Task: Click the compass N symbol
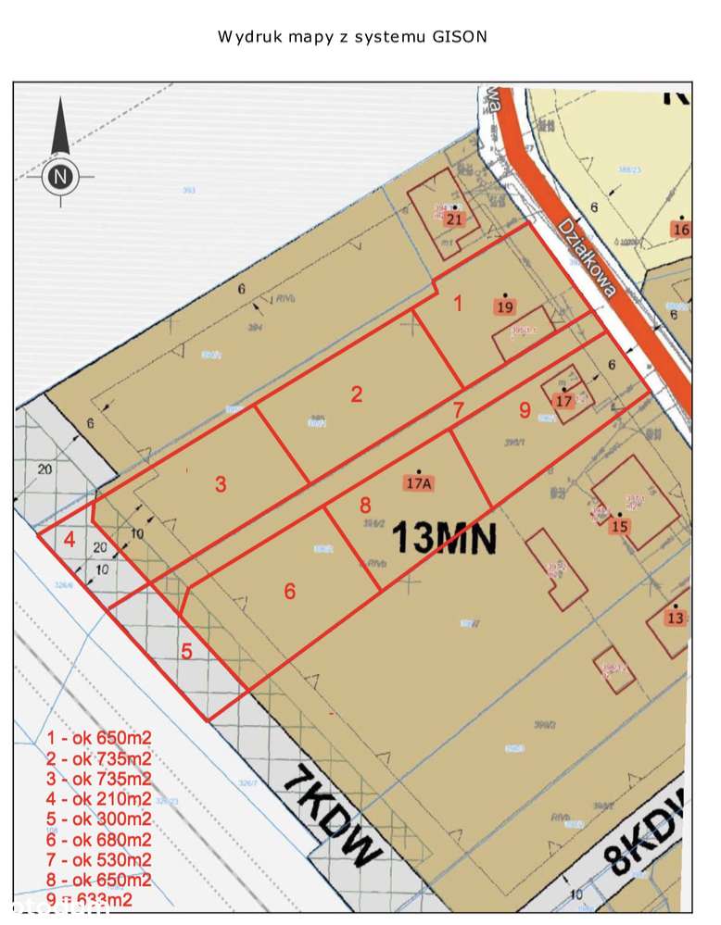pyautogui.click(x=60, y=176)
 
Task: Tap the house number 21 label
pyautogui.click(x=454, y=219)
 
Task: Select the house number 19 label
pyautogui.click(x=505, y=307)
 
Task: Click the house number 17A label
pyautogui.click(x=419, y=483)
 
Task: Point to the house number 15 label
pyautogui.click(x=620, y=527)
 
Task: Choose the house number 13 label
pyautogui.click(x=675, y=619)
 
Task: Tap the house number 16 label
pyautogui.click(x=682, y=231)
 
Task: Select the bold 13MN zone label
pyautogui.click(x=445, y=536)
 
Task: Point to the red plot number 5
pyautogui.click(x=187, y=651)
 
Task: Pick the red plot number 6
pyautogui.click(x=290, y=591)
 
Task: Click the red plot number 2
pyautogui.click(x=356, y=394)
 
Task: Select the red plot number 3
pyautogui.click(x=221, y=483)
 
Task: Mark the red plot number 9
pyautogui.click(x=524, y=408)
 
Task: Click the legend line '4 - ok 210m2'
pyautogui.click(x=98, y=799)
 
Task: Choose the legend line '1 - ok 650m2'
pyautogui.click(x=98, y=738)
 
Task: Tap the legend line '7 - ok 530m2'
pyautogui.click(x=98, y=860)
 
